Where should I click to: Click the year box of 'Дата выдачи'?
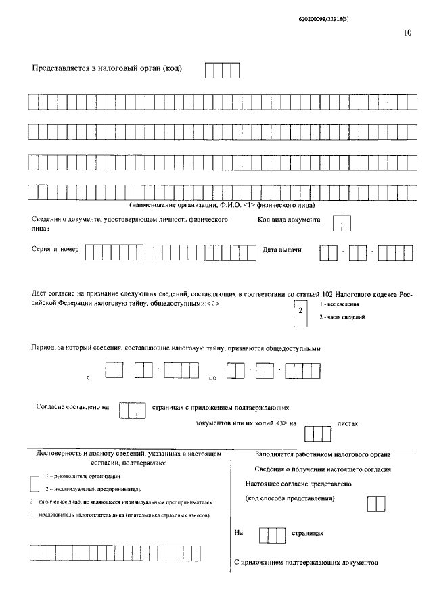tap(394, 253)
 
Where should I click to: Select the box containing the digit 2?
tap(300, 311)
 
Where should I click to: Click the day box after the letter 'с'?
tap(114, 371)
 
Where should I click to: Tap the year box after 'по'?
tap(302, 372)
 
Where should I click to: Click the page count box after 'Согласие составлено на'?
tap(132, 410)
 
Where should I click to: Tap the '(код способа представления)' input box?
tap(375, 504)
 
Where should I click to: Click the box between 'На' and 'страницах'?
tap(273, 534)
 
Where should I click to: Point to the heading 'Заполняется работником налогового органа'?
tap(327, 455)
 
